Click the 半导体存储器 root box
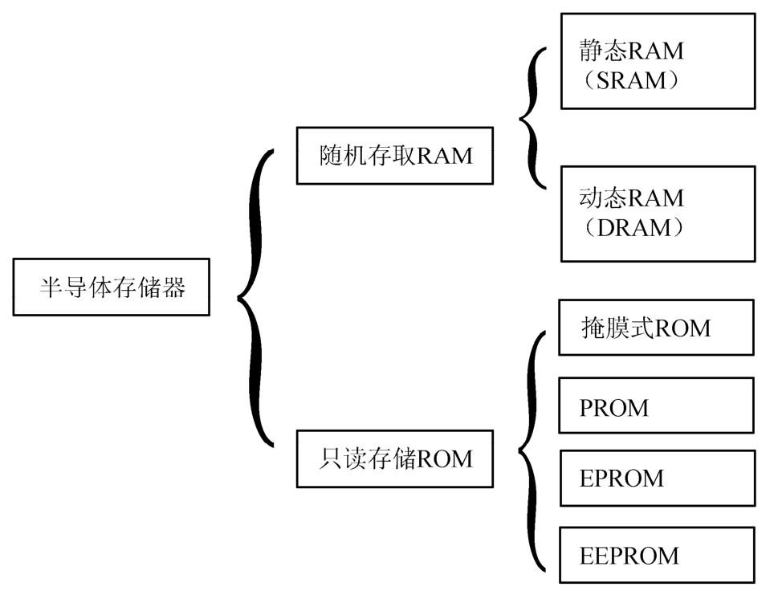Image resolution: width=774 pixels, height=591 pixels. click(x=111, y=287)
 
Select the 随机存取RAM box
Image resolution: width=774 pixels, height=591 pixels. click(x=394, y=156)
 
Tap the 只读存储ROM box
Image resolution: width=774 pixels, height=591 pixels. click(x=394, y=459)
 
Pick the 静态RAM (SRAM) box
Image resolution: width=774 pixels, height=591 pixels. click(x=657, y=61)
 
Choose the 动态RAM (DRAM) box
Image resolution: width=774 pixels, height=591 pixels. click(x=657, y=214)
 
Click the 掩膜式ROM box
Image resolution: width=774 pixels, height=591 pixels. click(x=656, y=328)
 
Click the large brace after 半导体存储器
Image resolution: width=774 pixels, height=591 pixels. click(x=255, y=297)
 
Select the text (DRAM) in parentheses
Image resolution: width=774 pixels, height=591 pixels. click(x=635, y=228)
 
